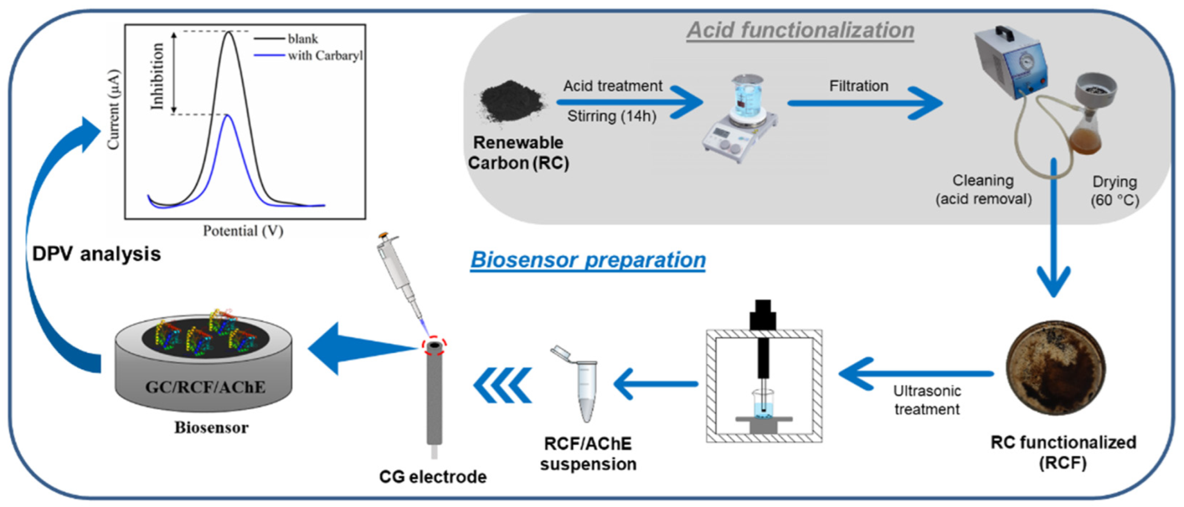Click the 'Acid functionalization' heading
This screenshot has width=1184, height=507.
click(x=800, y=30)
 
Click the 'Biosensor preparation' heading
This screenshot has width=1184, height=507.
click(x=587, y=260)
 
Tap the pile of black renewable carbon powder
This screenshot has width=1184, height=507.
click(x=511, y=103)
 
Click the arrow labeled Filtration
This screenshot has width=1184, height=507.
click(x=866, y=103)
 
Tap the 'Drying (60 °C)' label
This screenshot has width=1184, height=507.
click(x=1114, y=191)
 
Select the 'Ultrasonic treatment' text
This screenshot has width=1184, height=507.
click(x=926, y=400)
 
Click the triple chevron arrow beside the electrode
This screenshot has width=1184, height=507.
click(x=502, y=385)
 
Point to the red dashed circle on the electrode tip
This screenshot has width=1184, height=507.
click(x=434, y=345)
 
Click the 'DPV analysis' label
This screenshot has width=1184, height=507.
click(x=97, y=254)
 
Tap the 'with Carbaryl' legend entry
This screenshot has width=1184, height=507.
click(x=325, y=55)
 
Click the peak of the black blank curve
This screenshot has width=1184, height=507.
click(x=229, y=33)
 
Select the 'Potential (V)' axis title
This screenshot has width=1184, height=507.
click(x=243, y=231)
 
